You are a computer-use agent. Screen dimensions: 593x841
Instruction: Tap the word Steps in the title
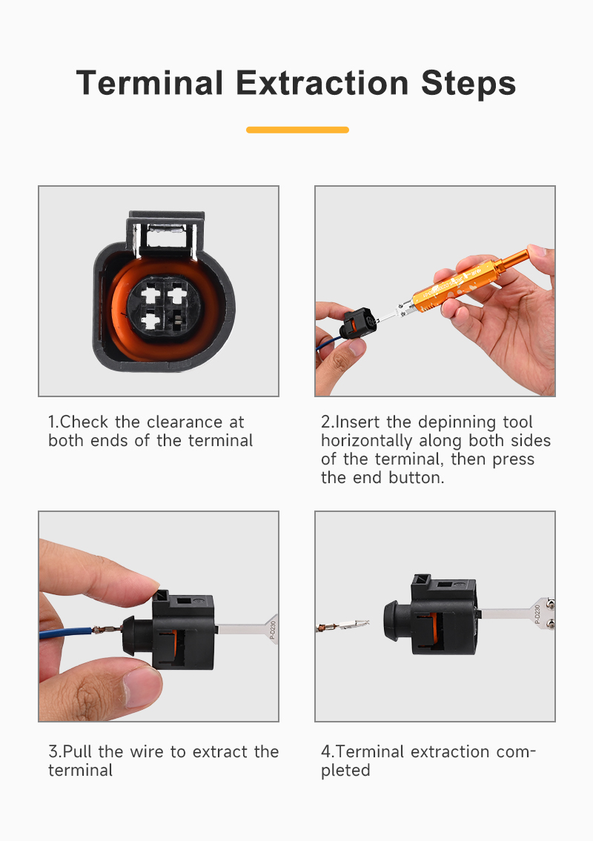pos(468,84)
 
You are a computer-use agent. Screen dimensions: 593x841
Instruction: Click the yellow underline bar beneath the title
pos(297,130)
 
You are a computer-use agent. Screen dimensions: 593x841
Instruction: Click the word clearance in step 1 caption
pos(185,422)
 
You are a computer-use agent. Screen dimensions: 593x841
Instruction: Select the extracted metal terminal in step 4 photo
pos(343,625)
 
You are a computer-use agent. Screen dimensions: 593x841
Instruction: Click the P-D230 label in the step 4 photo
pos(537,614)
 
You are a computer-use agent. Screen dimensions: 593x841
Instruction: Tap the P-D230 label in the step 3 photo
pos(272,631)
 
